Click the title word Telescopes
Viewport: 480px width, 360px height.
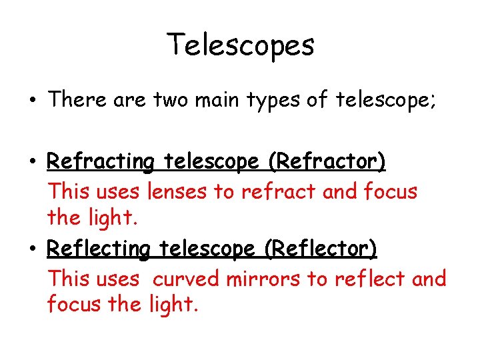coord(240,45)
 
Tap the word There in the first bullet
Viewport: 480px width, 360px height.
coord(77,100)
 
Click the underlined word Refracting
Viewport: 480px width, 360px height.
coord(100,162)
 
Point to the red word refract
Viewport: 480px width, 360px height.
coord(279,191)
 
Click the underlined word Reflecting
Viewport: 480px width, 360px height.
coord(99,249)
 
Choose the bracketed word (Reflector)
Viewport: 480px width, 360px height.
coord(320,249)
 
